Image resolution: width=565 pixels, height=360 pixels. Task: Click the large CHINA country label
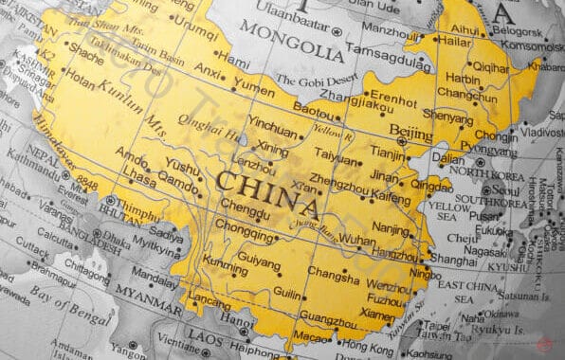pyautogui.click(x=267, y=192)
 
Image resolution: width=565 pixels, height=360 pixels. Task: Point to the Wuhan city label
pyautogui.click(x=356, y=241)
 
